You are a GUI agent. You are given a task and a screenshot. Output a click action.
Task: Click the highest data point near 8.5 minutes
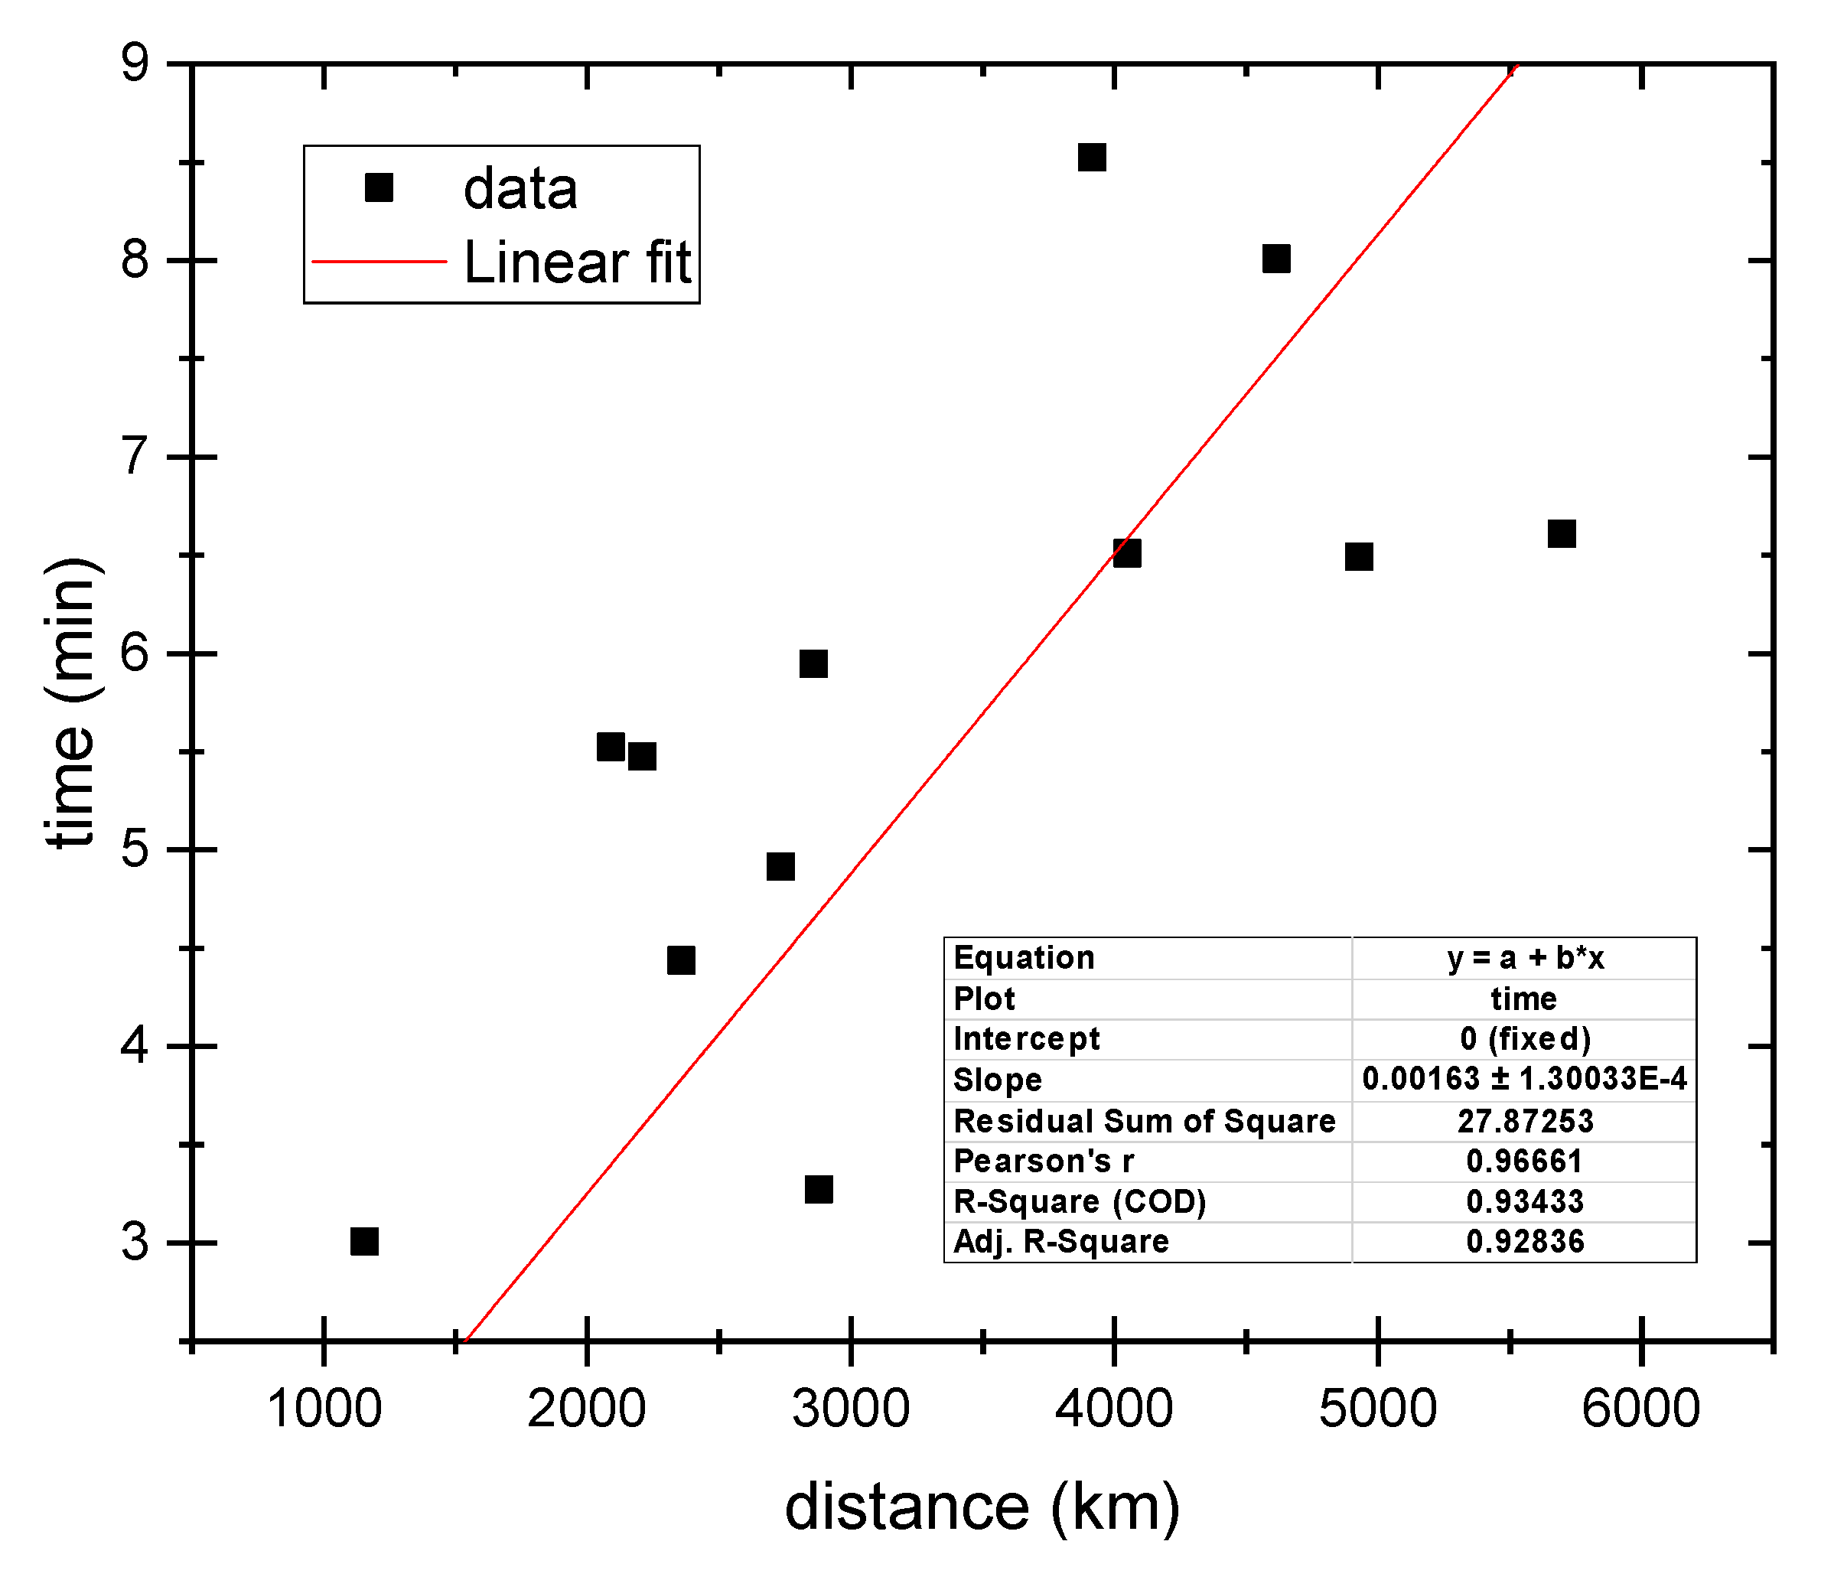[x=1091, y=158]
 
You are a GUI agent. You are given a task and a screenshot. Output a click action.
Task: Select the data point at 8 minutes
[x=1276, y=259]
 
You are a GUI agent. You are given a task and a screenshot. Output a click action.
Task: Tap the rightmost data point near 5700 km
[x=1562, y=534]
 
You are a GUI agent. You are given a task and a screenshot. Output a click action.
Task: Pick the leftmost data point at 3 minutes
[x=364, y=1242]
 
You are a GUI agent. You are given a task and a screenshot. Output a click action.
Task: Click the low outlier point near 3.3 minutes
[x=819, y=1190]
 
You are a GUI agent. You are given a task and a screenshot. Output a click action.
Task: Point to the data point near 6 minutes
[x=813, y=663]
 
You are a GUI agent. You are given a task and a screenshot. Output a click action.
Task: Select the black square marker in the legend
[x=379, y=187]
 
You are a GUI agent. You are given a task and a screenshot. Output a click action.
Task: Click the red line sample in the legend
[x=380, y=262]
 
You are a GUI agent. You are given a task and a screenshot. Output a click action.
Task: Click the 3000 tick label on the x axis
[x=850, y=1408]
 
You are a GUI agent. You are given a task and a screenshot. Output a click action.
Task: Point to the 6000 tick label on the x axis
[x=1640, y=1408]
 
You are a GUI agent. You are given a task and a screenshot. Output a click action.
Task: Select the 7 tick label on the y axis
[x=135, y=457]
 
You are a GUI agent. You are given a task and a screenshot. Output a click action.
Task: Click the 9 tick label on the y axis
[x=135, y=64]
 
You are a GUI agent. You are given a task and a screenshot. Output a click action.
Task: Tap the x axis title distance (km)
[x=982, y=1507]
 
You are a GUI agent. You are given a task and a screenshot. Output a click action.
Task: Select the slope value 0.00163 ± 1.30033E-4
[x=1523, y=1079]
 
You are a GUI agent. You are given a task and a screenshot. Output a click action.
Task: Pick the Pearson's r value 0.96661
[x=1523, y=1162]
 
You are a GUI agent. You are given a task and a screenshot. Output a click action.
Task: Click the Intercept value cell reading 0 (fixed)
[x=1523, y=1038]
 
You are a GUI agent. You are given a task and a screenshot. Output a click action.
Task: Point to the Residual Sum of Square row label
[x=1144, y=1121]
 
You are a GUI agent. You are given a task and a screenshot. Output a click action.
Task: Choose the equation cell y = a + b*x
[x=1523, y=957]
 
